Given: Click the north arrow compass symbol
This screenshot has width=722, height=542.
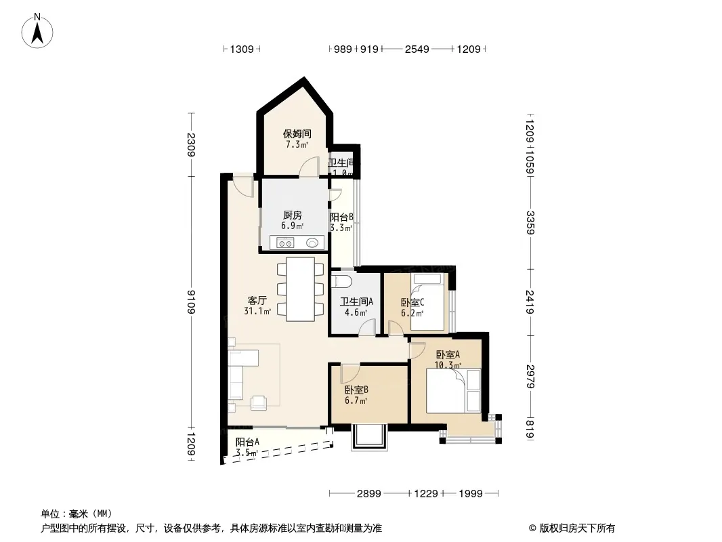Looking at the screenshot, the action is [37, 31].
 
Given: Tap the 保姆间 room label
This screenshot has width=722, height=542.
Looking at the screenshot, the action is [297, 134].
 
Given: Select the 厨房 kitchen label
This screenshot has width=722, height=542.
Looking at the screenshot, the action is [293, 215].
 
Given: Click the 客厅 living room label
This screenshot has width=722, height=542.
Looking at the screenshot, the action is [257, 301].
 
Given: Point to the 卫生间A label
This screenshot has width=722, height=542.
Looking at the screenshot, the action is [356, 301].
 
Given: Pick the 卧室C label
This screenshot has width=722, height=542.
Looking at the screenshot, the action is [412, 303].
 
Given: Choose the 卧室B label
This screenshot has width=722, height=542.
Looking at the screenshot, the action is [356, 390].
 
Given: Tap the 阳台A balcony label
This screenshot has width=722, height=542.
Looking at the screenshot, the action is [247, 442].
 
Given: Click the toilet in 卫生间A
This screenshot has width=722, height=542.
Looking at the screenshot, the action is [341, 281].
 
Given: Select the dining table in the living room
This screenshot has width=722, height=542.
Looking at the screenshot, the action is [300, 289].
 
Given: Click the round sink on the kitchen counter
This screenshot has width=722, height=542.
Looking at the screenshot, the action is [312, 243].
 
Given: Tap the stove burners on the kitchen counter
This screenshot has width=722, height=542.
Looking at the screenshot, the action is [285, 243].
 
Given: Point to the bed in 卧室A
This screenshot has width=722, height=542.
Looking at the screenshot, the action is [454, 391].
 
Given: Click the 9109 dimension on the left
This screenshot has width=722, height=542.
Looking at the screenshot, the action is [192, 302].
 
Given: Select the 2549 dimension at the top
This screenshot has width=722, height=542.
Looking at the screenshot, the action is [417, 49].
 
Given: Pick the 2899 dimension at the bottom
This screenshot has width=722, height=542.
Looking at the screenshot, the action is [369, 494].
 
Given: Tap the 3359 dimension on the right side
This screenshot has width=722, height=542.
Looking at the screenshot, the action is [530, 222].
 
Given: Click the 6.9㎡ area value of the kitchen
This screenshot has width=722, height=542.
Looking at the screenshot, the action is [293, 226].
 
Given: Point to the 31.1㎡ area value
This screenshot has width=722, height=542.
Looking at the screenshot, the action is [257, 311].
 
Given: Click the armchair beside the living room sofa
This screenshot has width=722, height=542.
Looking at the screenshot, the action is [259, 403].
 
